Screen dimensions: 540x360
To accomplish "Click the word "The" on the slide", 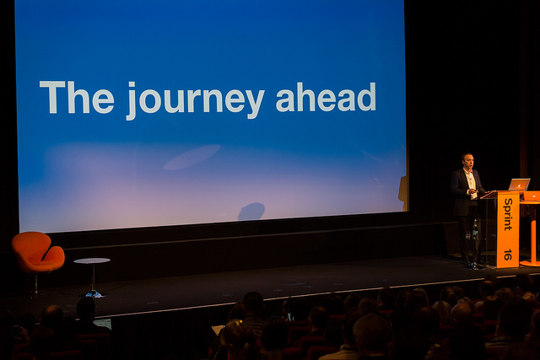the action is coord(77,97).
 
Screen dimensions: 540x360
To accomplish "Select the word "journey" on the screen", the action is coord(195,101).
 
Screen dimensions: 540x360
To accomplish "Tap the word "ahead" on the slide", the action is coord(326,97).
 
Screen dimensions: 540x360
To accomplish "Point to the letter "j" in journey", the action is coord(132,101).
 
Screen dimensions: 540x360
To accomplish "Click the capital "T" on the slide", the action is coord(52,97).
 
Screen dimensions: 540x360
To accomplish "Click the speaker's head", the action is coord(467,161).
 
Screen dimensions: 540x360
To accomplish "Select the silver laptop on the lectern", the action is coord(520,185).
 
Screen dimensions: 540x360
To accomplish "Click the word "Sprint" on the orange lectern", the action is coord(508,214).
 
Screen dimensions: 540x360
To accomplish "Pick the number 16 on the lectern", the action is coord(508,255).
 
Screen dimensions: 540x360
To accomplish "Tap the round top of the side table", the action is coord(92,261).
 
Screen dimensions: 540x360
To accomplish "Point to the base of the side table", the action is coord(94,294).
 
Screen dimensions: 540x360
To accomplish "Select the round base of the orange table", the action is coord(531,264).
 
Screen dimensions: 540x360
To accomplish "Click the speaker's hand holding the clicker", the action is coord(472,191).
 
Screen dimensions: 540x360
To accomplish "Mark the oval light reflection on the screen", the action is coord(192,157).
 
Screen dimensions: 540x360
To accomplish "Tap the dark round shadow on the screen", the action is coord(251,212).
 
